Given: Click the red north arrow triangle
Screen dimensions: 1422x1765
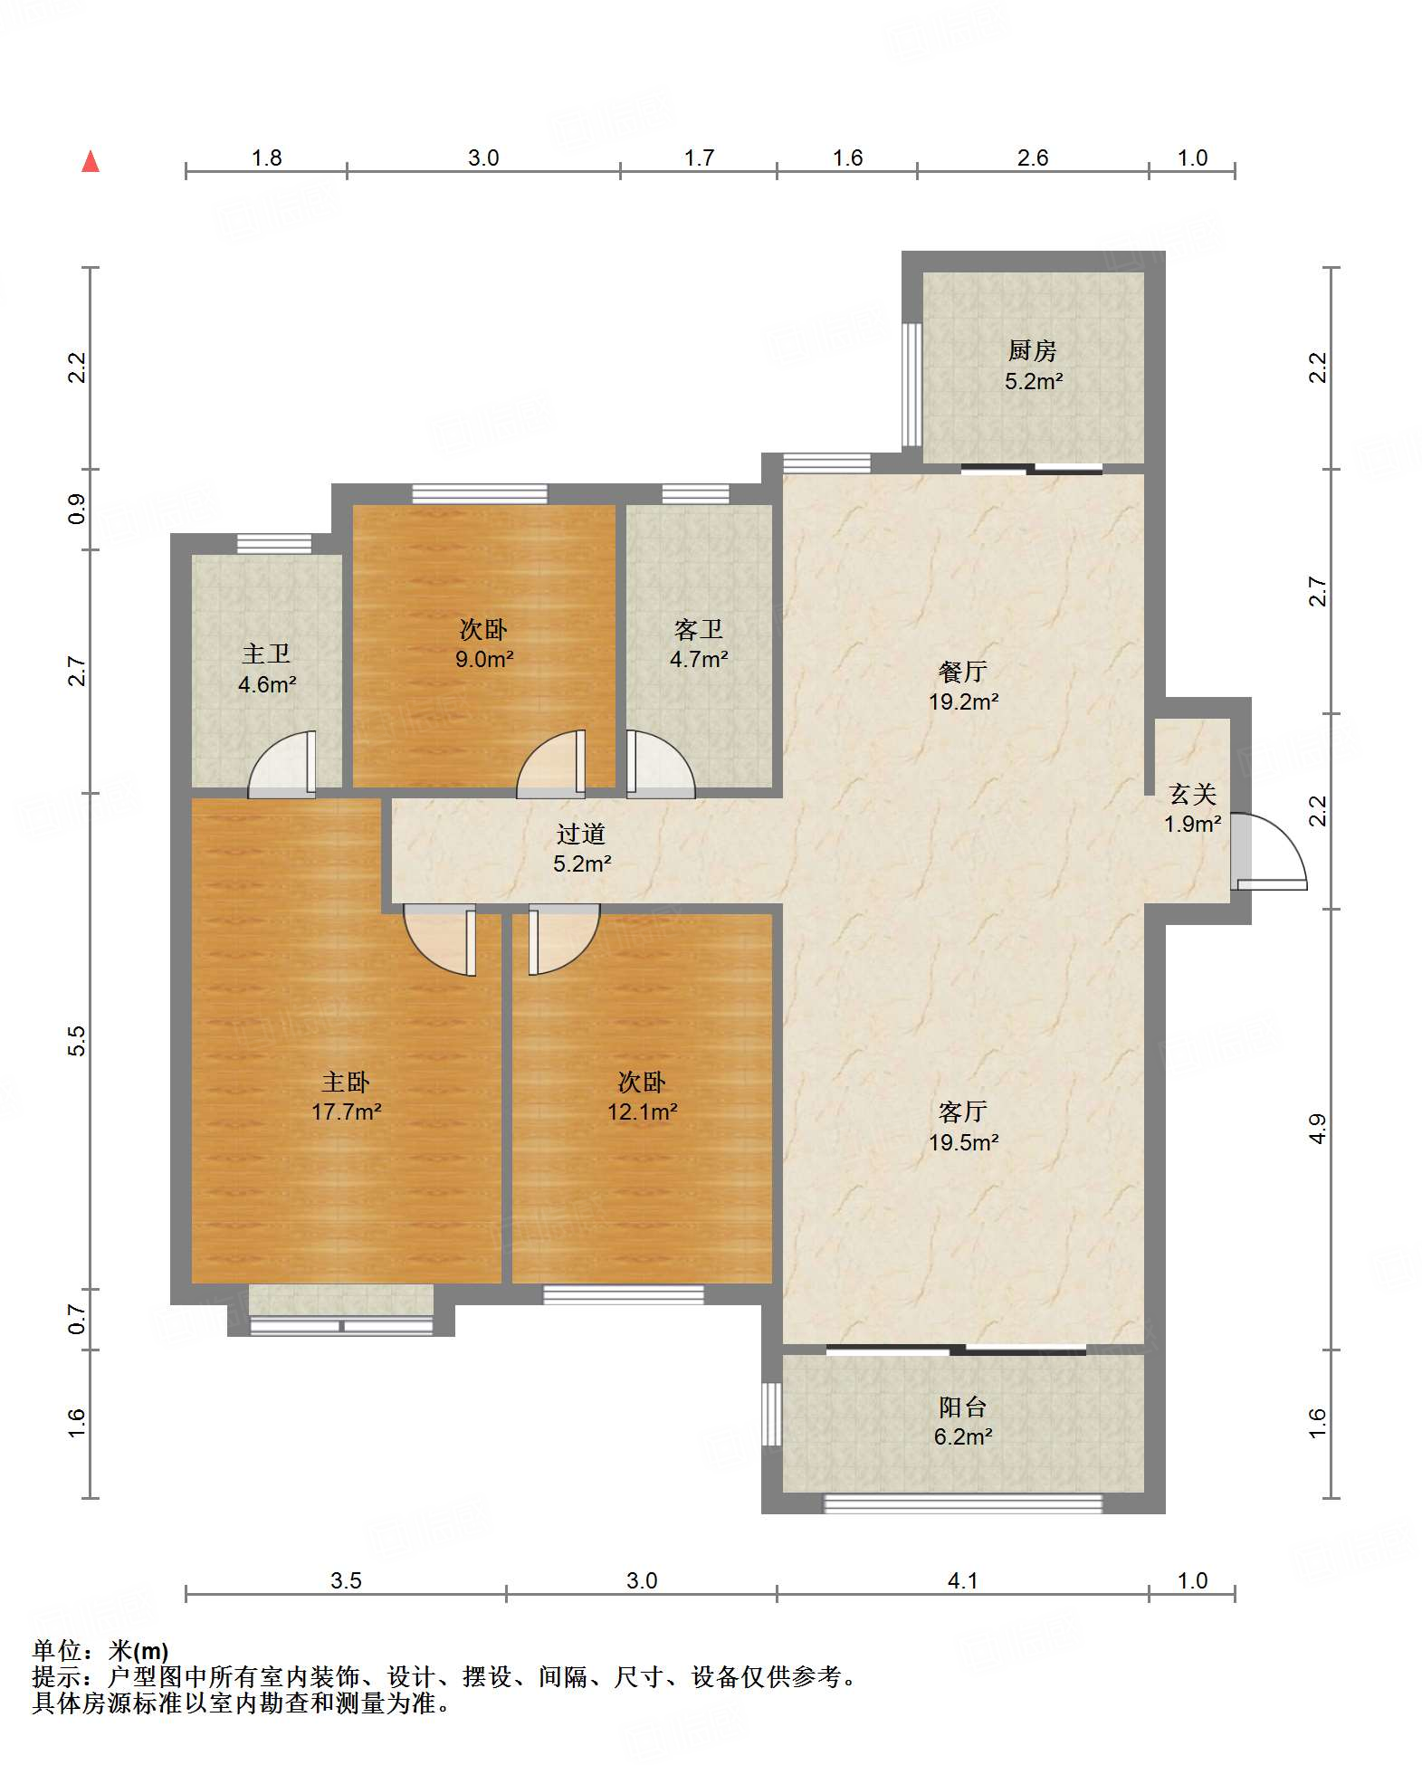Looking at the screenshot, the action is click(x=91, y=162).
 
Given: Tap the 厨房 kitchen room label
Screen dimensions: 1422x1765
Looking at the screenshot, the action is click(x=1033, y=350).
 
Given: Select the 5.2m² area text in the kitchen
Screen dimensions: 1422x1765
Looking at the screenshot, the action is click(x=1034, y=381).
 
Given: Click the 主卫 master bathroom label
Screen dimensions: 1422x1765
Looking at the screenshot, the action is click(x=266, y=654).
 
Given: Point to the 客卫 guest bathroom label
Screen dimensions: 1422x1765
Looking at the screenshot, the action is click(x=699, y=629).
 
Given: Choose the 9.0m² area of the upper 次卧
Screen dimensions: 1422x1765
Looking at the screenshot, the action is click(x=484, y=659).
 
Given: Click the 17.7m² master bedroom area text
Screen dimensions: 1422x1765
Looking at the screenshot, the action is click(x=346, y=1111).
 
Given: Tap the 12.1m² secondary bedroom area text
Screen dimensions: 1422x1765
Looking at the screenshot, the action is click(x=642, y=1111).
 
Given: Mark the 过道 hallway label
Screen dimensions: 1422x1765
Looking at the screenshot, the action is click(x=581, y=834).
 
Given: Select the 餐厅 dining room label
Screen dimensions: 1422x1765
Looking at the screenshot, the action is click(x=963, y=672).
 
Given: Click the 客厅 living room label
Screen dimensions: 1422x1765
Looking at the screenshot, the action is click(x=963, y=1111).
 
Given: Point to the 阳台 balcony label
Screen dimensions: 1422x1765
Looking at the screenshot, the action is click(x=963, y=1407).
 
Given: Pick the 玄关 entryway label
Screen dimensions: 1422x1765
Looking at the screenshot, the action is click(x=1193, y=794).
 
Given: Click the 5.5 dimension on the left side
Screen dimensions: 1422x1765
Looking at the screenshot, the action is click(x=77, y=1041).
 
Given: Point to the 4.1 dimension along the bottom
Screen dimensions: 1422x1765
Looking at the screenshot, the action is click(x=962, y=1580).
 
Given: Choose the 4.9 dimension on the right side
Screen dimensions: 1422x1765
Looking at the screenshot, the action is click(x=1317, y=1129).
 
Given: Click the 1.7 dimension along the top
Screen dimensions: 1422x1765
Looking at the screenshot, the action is click(x=699, y=158).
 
